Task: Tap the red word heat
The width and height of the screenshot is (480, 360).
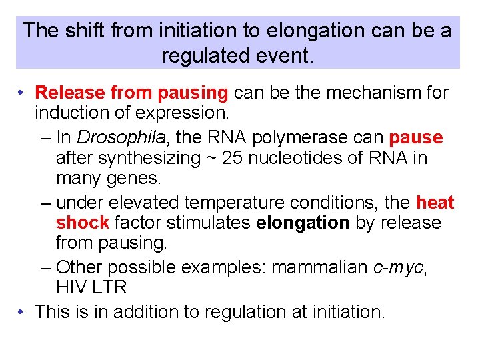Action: [435, 202]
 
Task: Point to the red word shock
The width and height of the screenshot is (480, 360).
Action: [82, 223]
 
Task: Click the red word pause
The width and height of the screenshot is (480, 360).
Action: [416, 137]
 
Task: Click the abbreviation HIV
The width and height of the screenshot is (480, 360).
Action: [71, 289]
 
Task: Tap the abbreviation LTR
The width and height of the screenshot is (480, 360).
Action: [109, 289]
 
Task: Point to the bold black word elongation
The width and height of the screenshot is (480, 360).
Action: [302, 223]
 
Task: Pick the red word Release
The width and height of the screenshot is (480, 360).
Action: [70, 92]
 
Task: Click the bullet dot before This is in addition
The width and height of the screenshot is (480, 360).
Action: [22, 311]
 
